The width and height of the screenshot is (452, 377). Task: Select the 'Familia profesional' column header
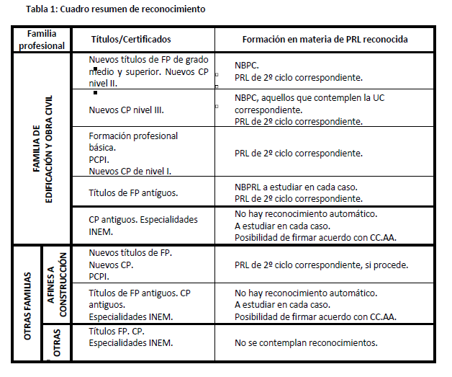(x=47, y=39)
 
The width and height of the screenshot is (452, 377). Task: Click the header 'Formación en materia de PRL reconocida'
(x=324, y=39)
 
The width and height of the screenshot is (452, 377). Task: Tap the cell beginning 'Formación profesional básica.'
(x=133, y=153)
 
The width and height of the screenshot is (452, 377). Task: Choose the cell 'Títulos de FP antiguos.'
(x=133, y=192)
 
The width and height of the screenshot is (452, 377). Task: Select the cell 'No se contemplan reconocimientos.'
(x=306, y=342)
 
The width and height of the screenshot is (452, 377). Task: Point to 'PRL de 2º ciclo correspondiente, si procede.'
(x=322, y=265)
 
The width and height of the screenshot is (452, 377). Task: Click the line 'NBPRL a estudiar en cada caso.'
(x=296, y=187)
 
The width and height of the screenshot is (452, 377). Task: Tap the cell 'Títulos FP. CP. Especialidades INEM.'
(x=130, y=337)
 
